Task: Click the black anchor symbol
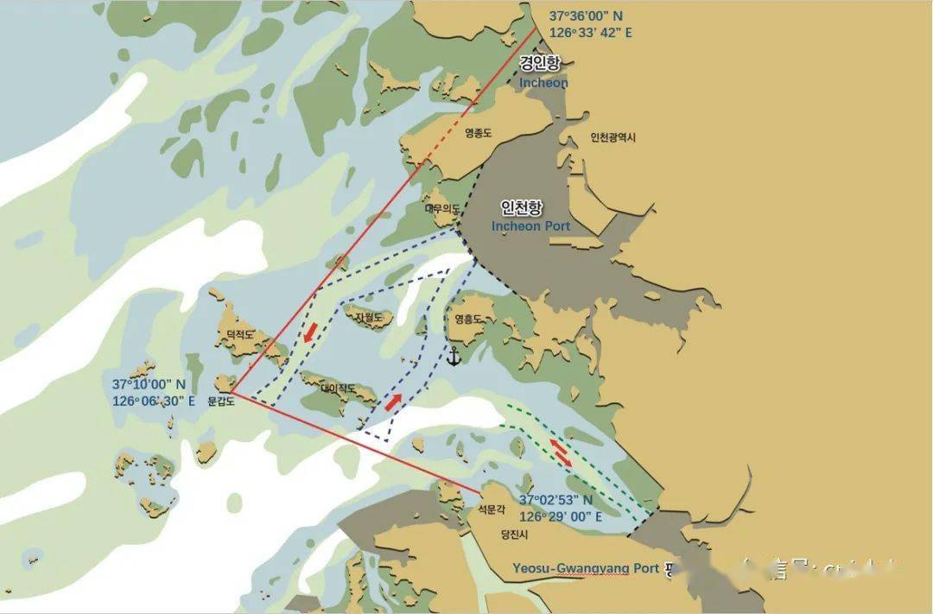pyautogui.click(x=453, y=355)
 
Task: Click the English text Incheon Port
pyautogui.click(x=530, y=226)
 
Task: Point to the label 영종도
pyautogui.click(x=478, y=133)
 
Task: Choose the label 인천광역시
pyautogui.click(x=613, y=137)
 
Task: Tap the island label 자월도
pyautogui.click(x=369, y=318)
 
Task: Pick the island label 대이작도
pyautogui.click(x=338, y=389)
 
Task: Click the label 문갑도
pyautogui.click(x=221, y=402)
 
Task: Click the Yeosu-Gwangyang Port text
pyautogui.click(x=586, y=568)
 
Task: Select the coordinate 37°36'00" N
pyautogui.click(x=585, y=16)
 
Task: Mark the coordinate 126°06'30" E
pyautogui.click(x=154, y=401)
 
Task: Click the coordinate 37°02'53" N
pyautogui.click(x=555, y=500)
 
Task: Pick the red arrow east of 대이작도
pyautogui.click(x=394, y=402)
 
